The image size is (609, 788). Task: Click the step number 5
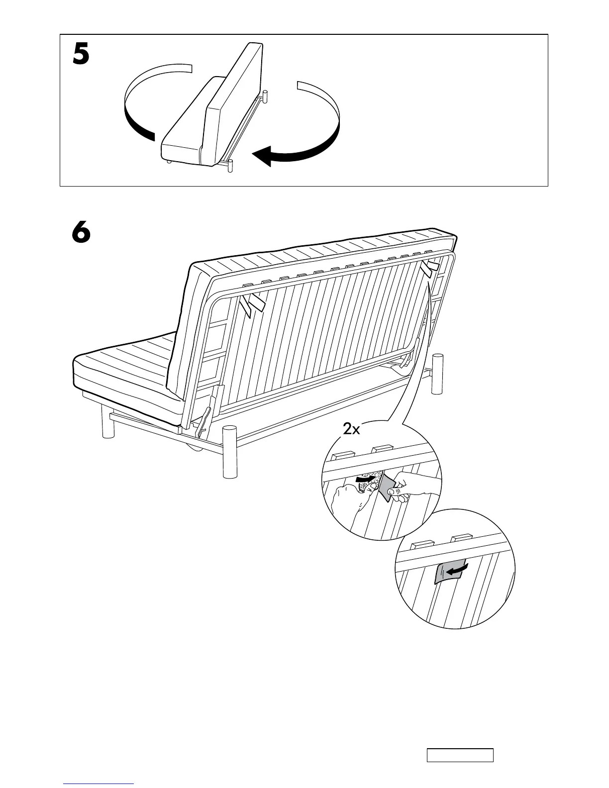(x=81, y=55)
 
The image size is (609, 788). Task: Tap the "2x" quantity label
(x=351, y=428)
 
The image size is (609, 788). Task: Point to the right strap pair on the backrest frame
(x=429, y=269)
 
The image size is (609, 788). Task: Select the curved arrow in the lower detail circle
(x=457, y=569)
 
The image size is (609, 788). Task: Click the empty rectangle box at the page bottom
(x=459, y=755)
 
